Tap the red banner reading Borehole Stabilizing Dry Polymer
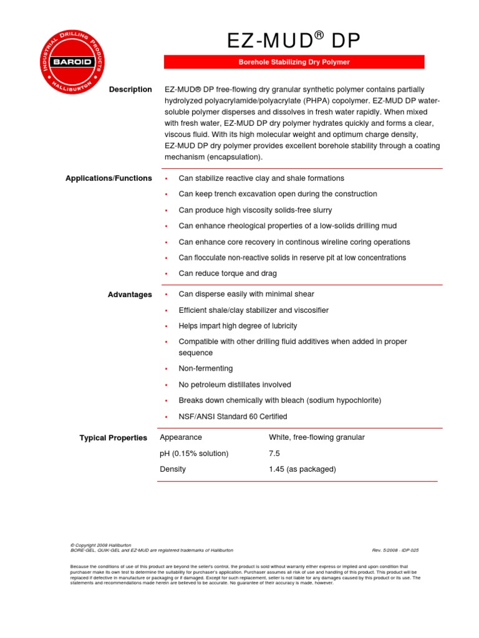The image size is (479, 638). coord(294,62)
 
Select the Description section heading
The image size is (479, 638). coord(130,90)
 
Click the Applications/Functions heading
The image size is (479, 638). coord(109,178)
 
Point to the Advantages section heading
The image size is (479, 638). coord(130,295)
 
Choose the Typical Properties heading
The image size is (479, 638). coord(114,438)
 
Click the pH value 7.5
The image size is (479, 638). coord(276,453)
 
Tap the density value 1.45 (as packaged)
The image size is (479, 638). coord(302,469)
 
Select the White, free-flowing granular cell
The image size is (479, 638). coord(316,437)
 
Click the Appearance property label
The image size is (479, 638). coord(181,437)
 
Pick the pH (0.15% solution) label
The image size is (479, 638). coord(194,453)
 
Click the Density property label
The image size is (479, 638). coord(173,469)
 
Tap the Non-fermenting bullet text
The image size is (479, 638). coord(205,368)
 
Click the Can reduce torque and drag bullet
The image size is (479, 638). coord(228,274)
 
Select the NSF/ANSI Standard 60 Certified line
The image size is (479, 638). coord(233,416)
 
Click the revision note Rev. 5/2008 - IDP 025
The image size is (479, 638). coord(395,550)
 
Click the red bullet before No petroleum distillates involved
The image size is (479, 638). coord(166,385)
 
